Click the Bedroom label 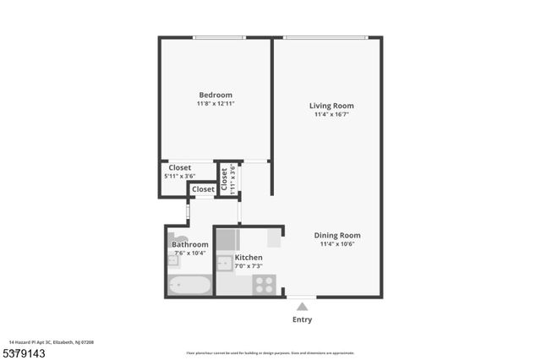coord(216,95)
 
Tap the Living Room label coord(331,106)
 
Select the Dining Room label coord(337,236)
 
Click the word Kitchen coord(249,257)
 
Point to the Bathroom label coord(190,244)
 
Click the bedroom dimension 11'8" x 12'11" coord(216,104)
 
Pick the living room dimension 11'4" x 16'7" coord(331,115)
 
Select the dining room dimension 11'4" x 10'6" coord(337,245)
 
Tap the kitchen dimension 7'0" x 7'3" coord(249,266)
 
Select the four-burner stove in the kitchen coord(265,285)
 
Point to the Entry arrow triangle coord(302,307)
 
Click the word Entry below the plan coord(302,319)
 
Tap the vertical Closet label coord(224,178)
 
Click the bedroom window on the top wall coord(216,37)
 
